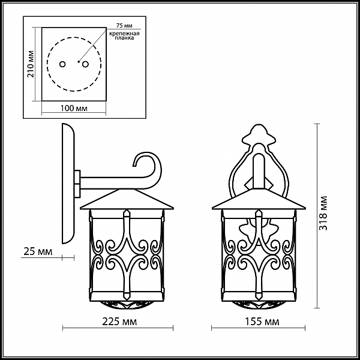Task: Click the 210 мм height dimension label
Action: click(x=31, y=64)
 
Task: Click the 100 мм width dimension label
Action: click(x=74, y=108)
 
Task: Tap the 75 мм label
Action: click(x=124, y=25)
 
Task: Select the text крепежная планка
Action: click(x=124, y=35)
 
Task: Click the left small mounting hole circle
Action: click(x=62, y=64)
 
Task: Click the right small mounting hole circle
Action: click(x=85, y=64)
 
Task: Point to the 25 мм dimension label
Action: click(x=38, y=251)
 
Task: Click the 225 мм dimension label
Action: click(x=119, y=322)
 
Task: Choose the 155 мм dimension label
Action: click(x=262, y=322)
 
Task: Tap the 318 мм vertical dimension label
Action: click(x=323, y=213)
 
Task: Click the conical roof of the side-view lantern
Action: click(x=127, y=199)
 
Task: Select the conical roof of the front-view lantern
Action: click(x=259, y=199)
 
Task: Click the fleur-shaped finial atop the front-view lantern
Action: click(x=259, y=135)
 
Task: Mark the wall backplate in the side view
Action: click(x=68, y=184)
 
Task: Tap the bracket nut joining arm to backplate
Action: click(x=77, y=184)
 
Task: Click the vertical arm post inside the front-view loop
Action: click(x=259, y=171)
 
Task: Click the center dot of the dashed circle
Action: click(x=79, y=62)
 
